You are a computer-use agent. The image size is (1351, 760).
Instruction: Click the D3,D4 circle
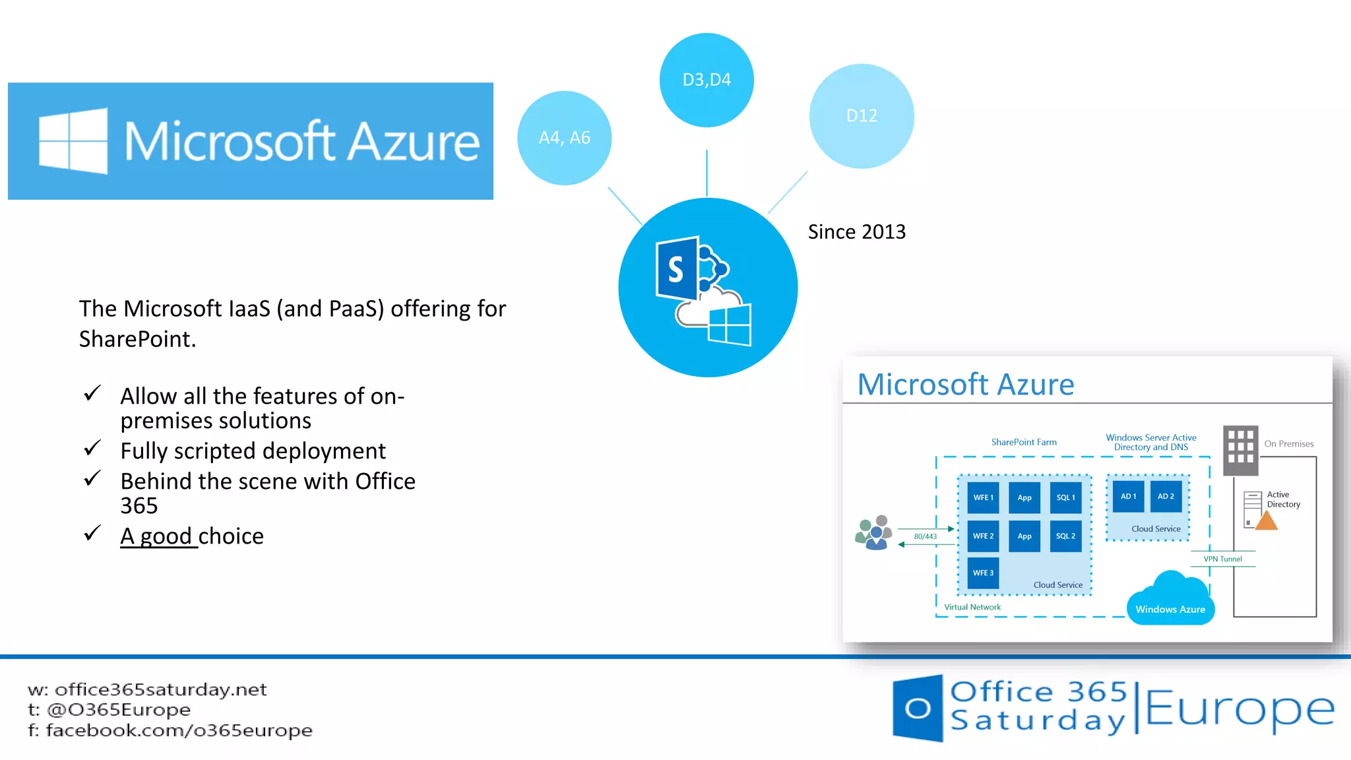coord(707,80)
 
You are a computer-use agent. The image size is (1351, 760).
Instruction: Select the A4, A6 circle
coord(564,138)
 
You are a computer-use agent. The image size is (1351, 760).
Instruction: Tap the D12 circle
coord(862,116)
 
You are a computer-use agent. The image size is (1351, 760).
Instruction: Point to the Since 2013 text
coord(856,232)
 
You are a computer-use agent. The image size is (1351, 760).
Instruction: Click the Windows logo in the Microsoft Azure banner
coord(73,141)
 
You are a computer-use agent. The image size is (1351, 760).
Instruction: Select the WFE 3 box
coord(983,573)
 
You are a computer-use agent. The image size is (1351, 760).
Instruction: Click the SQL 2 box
coord(1065,536)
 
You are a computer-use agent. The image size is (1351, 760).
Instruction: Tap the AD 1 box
coord(1128,496)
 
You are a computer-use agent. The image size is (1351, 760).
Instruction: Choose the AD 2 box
coord(1166,496)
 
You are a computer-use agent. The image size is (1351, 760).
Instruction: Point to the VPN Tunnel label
coord(1222,559)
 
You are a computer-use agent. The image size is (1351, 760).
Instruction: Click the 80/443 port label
coord(925,536)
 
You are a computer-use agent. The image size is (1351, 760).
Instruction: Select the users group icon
coord(874,532)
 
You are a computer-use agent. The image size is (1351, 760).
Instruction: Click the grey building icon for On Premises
coord(1240,450)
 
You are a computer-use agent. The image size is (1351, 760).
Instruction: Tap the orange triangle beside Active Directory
coord(1266,521)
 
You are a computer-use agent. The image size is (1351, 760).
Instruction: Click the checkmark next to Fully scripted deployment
coord(92,449)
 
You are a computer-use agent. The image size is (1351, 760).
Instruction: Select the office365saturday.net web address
coord(160,689)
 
